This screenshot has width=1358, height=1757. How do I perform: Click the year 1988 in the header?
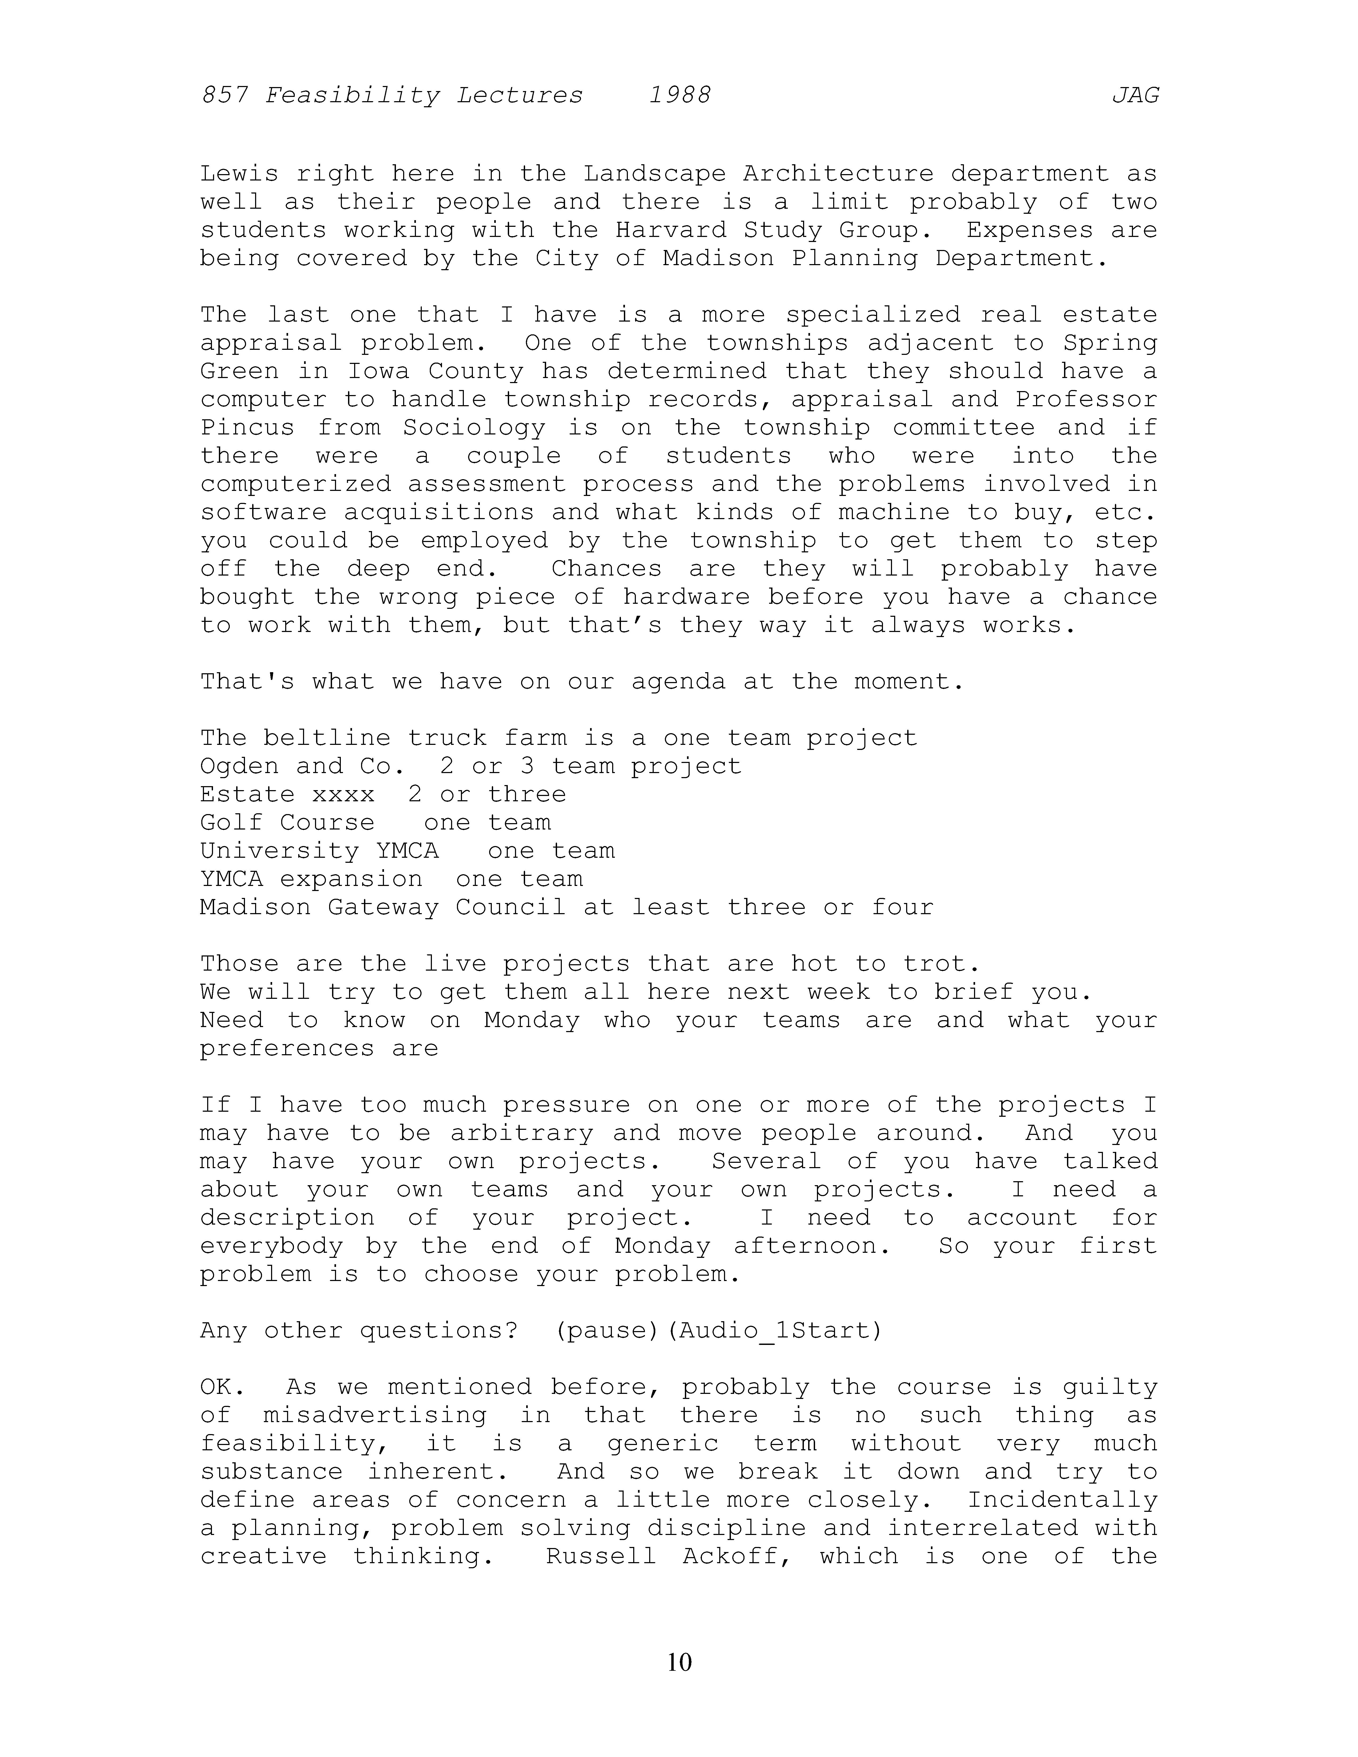pos(680,96)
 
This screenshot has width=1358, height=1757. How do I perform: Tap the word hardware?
pos(686,597)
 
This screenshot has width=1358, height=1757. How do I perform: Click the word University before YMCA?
pos(279,851)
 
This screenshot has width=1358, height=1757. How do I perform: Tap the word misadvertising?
pos(375,1415)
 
